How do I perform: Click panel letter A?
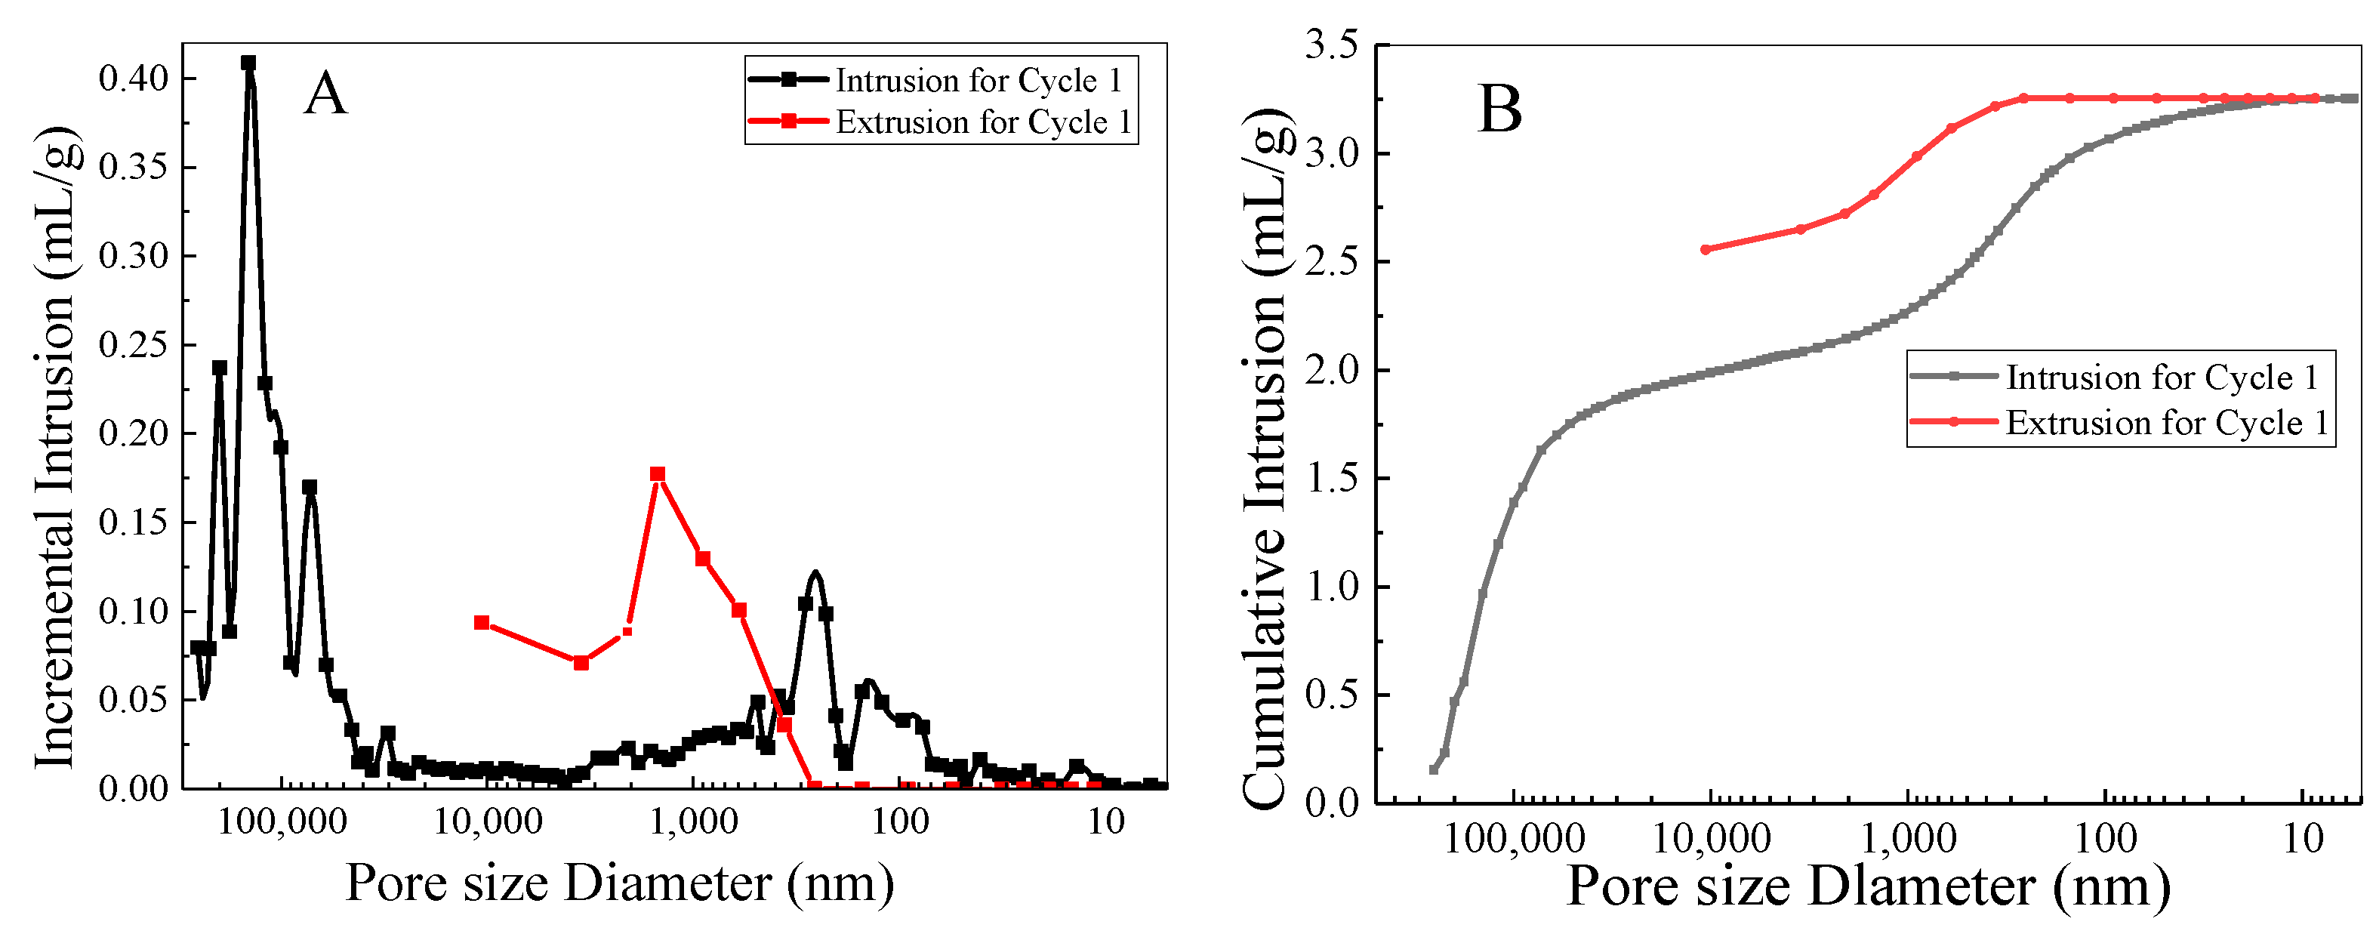[325, 95]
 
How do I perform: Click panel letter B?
[1499, 109]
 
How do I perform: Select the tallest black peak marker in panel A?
[248, 63]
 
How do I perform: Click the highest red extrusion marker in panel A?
[658, 474]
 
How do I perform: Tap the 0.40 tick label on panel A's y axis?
[134, 79]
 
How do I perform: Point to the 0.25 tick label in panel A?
[134, 345]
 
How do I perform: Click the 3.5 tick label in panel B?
[1331, 45]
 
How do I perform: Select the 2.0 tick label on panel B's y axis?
[1331, 370]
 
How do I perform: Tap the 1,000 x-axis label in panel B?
[1907, 838]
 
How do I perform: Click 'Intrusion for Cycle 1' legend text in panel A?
[978, 80]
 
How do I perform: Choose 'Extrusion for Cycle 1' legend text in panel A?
[983, 122]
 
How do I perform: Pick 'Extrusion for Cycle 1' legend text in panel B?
[2167, 422]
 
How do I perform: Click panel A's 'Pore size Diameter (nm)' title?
[619, 883]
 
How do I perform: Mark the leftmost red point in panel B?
[1706, 250]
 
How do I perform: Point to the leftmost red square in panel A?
[482, 622]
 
